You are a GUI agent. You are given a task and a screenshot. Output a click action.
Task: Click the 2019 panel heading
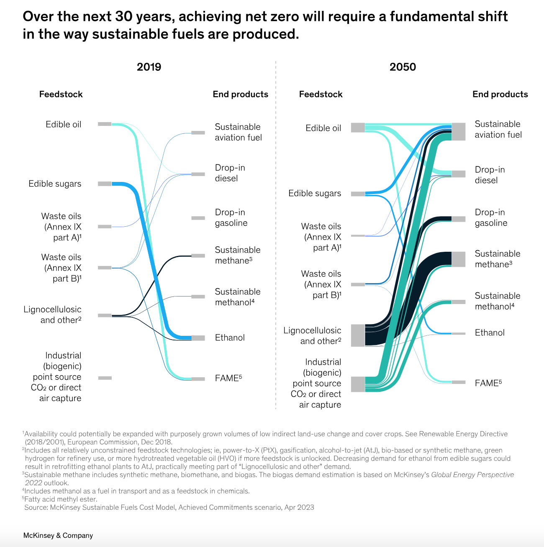pyautogui.click(x=149, y=67)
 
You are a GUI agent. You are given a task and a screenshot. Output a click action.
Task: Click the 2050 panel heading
pyautogui.click(x=403, y=67)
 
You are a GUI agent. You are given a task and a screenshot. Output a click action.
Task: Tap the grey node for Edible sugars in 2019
pyautogui.click(x=105, y=184)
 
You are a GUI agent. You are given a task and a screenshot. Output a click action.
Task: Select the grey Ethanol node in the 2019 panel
pyautogui.click(x=198, y=338)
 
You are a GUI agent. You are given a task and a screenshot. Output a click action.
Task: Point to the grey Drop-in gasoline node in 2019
pyautogui.click(x=198, y=218)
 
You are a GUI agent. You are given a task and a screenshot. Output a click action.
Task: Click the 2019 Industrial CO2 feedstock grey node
pyautogui.click(x=105, y=378)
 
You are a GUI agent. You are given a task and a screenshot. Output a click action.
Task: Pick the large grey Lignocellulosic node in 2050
pyautogui.click(x=358, y=335)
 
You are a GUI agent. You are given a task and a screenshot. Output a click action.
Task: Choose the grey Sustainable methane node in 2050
pyautogui.click(x=458, y=259)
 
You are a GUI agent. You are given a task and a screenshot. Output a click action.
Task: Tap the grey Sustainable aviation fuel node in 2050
pyautogui.click(x=458, y=132)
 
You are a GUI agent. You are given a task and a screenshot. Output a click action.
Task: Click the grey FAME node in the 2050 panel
pyautogui.click(x=459, y=382)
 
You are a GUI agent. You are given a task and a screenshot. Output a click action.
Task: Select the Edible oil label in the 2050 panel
pyautogui.click(x=323, y=128)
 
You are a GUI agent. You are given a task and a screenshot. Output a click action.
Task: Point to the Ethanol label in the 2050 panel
pyautogui.click(x=490, y=333)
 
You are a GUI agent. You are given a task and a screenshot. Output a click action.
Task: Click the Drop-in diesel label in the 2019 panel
pyautogui.click(x=230, y=173)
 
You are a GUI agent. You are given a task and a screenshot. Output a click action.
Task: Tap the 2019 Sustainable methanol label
pyautogui.click(x=237, y=297)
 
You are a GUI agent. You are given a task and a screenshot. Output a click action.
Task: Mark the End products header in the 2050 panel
pyautogui.click(x=500, y=95)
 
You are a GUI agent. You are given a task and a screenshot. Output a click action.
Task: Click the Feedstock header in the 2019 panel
pyautogui.click(x=61, y=95)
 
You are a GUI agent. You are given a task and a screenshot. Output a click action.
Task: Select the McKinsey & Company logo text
pyautogui.click(x=58, y=536)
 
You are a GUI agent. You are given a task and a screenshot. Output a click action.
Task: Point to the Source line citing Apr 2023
pyautogui.click(x=169, y=508)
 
